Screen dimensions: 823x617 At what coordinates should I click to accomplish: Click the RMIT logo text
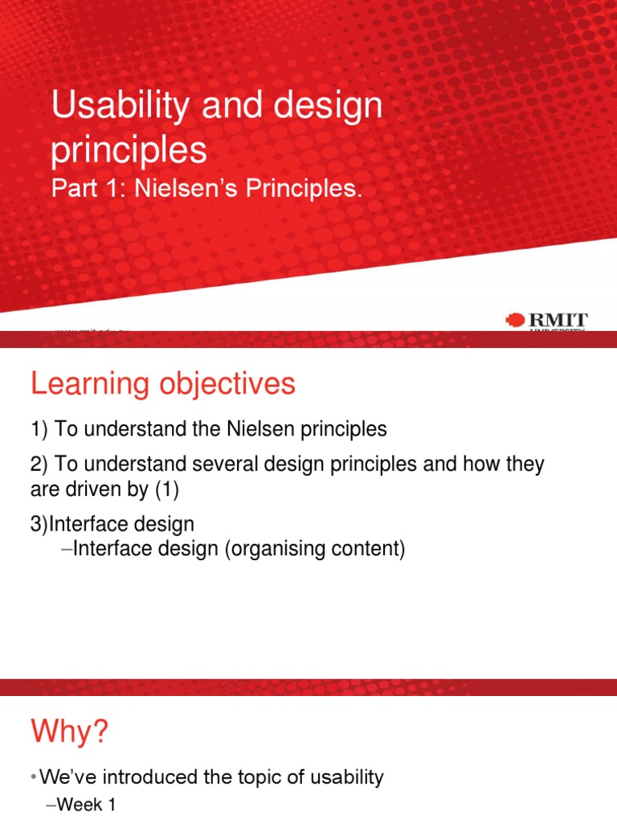(557, 320)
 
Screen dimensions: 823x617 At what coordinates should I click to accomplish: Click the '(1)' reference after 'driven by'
(164, 489)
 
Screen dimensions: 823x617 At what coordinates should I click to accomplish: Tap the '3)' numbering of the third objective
(39, 524)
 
